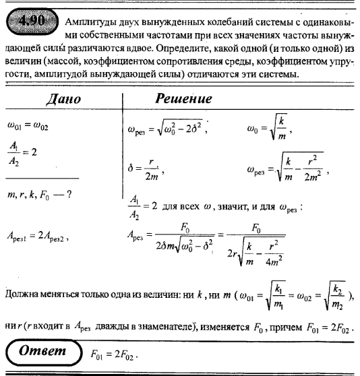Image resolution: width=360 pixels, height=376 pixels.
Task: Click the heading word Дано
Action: (x=63, y=100)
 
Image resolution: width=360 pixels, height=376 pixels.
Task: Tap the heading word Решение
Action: (x=183, y=100)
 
